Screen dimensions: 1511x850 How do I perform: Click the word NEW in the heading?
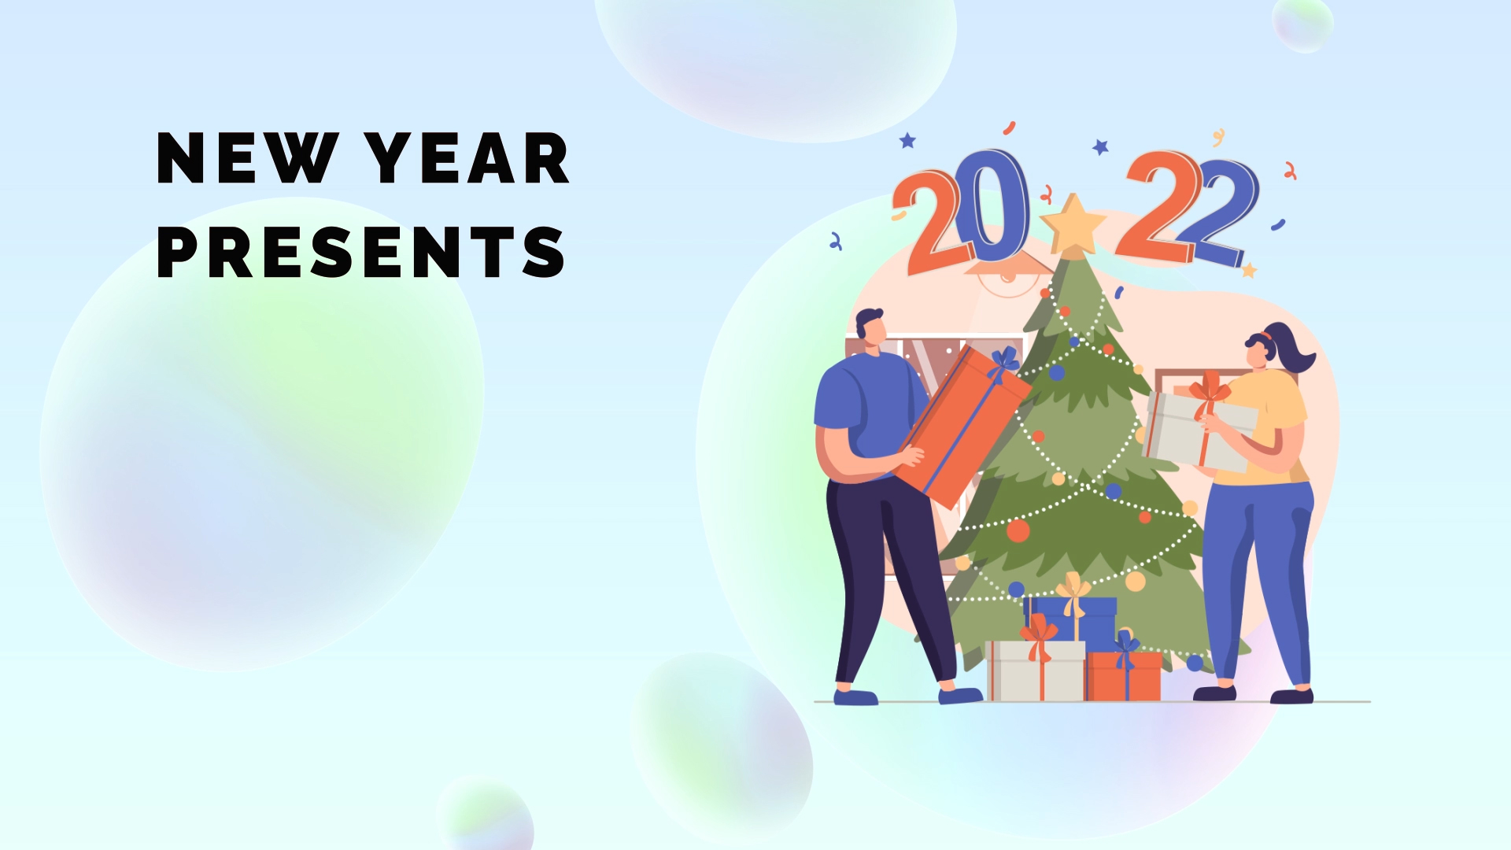(248, 158)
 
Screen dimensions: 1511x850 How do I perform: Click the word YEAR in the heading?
(467, 158)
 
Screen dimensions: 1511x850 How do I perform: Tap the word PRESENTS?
(361, 252)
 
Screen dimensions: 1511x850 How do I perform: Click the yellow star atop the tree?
(1073, 224)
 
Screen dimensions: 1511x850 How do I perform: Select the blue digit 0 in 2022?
(997, 206)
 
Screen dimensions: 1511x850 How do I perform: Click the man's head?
(871, 327)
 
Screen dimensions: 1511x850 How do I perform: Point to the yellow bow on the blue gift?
(1073, 592)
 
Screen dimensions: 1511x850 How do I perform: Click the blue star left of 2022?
(907, 141)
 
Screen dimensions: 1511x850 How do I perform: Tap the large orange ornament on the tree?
(1018, 530)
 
